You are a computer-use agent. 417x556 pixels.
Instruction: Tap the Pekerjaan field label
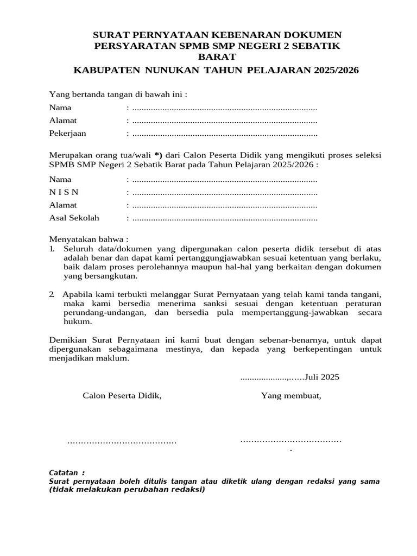[x=67, y=133]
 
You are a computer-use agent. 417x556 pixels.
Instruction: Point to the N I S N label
[x=64, y=192]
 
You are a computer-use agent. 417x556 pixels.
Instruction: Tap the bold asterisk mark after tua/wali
[x=158, y=155]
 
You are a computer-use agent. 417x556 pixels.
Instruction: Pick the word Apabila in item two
[x=78, y=294]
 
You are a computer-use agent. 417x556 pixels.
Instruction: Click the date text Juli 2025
[x=321, y=377]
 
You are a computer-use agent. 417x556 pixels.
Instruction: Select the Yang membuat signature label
[x=291, y=395]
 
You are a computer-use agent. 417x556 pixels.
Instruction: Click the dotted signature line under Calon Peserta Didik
[x=122, y=442]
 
